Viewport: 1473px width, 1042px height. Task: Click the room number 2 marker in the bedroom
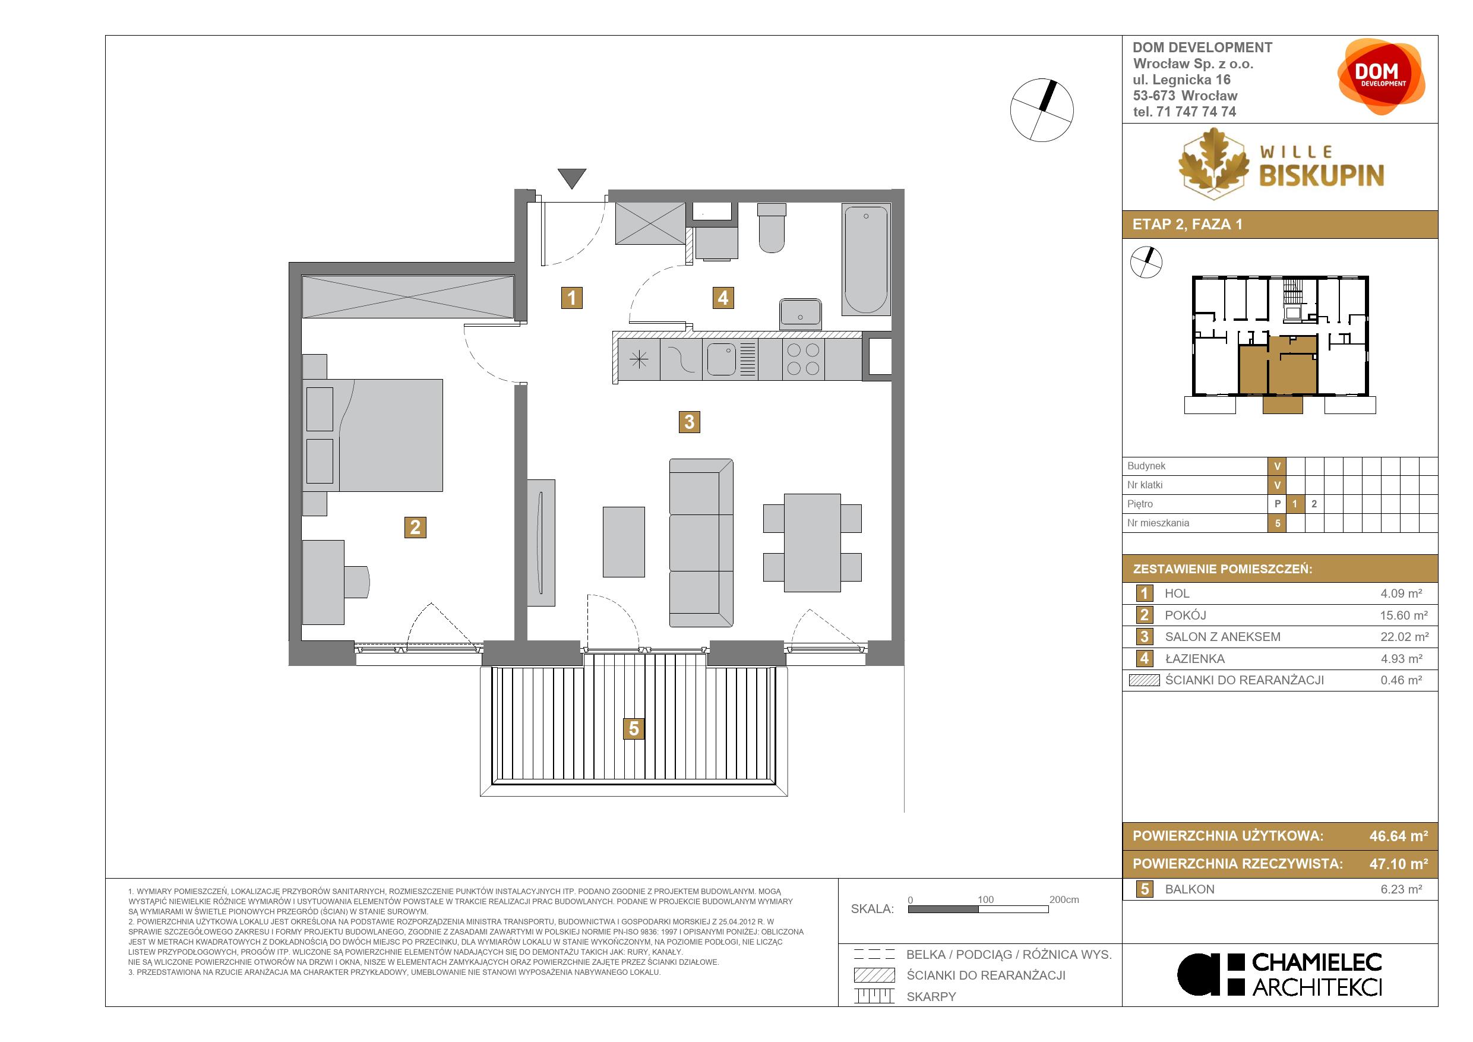point(415,528)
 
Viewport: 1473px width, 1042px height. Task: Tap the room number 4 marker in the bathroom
point(723,298)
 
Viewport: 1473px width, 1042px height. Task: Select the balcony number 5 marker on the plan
point(634,729)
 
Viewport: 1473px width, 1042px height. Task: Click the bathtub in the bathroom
point(866,259)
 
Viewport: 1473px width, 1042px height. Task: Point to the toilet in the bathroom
point(771,228)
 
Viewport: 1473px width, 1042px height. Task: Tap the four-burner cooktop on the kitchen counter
point(803,359)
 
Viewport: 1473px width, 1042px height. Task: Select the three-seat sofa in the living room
point(701,543)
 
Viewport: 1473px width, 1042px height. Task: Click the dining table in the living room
point(812,543)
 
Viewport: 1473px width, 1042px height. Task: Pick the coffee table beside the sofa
point(624,542)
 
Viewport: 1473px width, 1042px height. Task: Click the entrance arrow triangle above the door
point(571,178)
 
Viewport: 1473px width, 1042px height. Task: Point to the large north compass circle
point(1042,110)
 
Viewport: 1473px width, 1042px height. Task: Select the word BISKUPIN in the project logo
point(1322,175)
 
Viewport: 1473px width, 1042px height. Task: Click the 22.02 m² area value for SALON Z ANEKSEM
point(1404,637)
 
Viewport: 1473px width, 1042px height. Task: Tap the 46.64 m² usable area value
point(1399,836)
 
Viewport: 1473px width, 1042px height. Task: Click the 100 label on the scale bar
point(985,899)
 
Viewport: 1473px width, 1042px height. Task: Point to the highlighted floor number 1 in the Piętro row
point(1295,504)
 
